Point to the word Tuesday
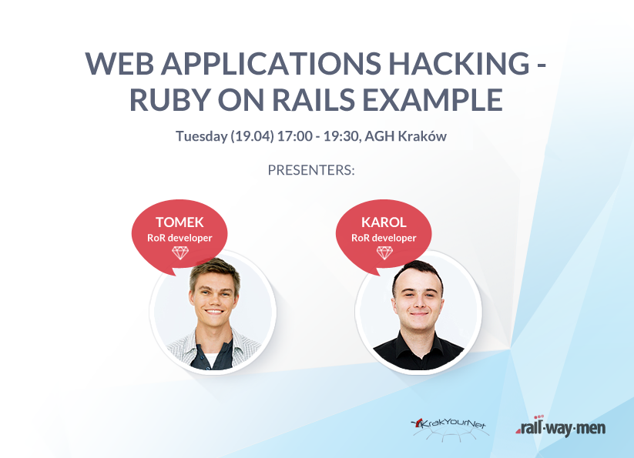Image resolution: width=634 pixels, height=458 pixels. (x=201, y=136)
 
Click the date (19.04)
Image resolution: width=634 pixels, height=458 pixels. (x=253, y=136)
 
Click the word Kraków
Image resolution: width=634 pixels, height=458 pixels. (x=422, y=136)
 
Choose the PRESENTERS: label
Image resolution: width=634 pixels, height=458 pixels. (x=311, y=170)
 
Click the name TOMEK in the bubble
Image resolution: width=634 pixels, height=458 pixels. (x=179, y=222)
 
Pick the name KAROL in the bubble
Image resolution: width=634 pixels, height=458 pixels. (x=384, y=222)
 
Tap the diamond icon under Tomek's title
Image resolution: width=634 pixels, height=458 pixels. (x=180, y=252)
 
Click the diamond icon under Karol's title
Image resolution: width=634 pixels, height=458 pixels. (x=384, y=252)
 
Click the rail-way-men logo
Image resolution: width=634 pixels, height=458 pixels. (x=560, y=426)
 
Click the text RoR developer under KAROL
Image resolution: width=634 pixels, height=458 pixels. (x=384, y=238)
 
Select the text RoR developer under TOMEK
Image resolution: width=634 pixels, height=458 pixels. (x=179, y=238)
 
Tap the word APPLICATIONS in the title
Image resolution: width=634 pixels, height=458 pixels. (x=271, y=63)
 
